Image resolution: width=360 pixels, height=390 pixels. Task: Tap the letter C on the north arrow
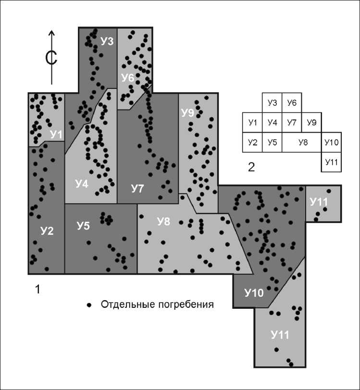(51, 58)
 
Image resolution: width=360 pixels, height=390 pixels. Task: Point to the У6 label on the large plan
(127, 78)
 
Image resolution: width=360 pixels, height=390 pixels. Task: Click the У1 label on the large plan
(56, 135)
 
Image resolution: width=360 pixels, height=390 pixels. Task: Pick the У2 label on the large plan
(47, 231)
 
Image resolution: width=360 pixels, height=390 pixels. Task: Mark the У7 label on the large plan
(137, 189)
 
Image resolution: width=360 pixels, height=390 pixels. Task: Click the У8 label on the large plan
(164, 221)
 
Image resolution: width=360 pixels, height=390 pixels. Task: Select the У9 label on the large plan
(187, 113)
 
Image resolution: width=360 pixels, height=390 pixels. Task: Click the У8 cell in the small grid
(302, 143)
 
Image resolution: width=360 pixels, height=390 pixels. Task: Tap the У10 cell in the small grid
(332, 143)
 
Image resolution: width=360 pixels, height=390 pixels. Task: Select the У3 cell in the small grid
(272, 103)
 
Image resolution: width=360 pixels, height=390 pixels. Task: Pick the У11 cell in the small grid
(332, 162)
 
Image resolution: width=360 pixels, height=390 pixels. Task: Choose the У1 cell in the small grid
(253, 123)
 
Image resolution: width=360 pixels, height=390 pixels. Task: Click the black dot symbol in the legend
(88, 305)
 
